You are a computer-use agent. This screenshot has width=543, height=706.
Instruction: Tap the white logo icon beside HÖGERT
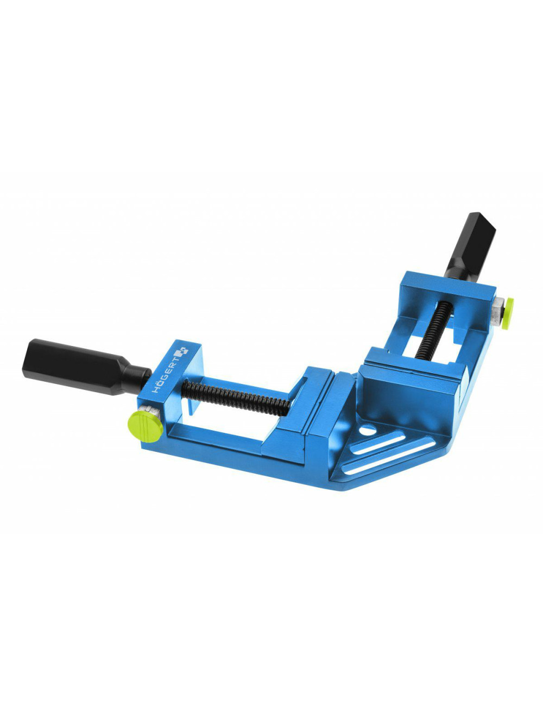[x=182, y=352]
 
